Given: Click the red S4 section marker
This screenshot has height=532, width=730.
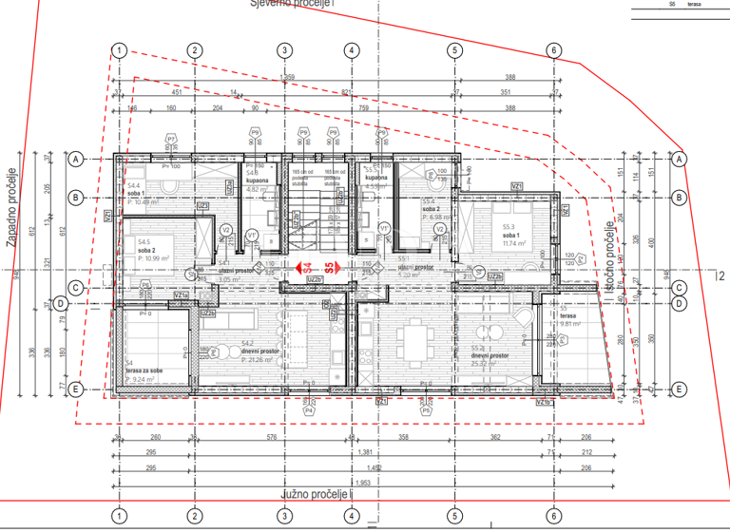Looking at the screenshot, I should [307, 269].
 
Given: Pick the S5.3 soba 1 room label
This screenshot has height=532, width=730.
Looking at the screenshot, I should [500, 235].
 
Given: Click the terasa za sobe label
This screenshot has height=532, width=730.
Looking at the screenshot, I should [145, 370].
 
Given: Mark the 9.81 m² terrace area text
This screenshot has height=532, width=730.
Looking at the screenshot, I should [575, 324].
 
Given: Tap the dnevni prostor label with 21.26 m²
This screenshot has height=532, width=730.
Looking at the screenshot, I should [260, 351].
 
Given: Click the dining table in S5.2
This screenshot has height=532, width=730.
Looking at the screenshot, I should [414, 338].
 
